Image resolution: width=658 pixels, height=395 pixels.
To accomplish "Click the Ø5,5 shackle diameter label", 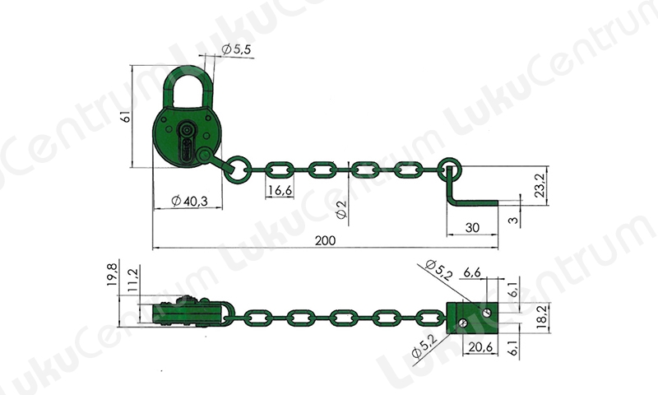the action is point(236,49).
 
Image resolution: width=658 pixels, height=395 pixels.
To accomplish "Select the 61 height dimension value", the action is point(126,116).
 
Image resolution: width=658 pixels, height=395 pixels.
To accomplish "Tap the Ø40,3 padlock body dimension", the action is point(190,201).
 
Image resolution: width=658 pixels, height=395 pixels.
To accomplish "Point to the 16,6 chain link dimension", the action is point(280,191).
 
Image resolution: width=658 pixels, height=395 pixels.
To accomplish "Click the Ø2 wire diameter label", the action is point(342,209).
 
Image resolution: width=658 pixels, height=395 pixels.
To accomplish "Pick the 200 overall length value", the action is point(325,240).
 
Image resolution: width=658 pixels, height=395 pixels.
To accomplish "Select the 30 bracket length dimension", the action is point(472,227).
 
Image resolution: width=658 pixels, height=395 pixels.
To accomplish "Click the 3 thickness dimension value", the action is point(513,220).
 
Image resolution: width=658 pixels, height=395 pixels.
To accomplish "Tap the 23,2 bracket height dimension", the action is point(540,185).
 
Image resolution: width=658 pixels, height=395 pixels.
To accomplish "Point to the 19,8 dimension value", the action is point(112,273).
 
